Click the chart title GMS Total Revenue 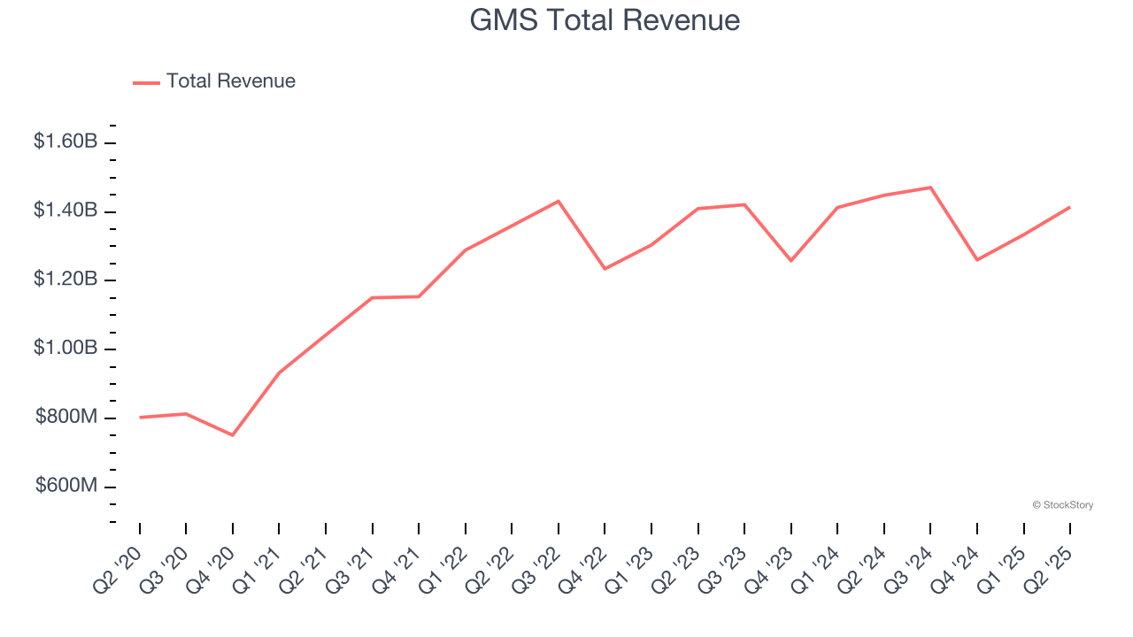tap(605, 19)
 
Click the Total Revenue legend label tap(230, 81)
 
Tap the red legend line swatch tap(146, 82)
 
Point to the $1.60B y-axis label tap(66, 142)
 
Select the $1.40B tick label tap(66, 211)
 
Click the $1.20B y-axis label tap(66, 280)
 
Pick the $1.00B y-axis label tap(66, 349)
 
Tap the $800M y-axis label tap(66, 418)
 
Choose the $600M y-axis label tap(66, 487)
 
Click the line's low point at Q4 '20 tap(233, 435)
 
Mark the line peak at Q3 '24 tap(930, 188)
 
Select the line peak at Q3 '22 tap(559, 201)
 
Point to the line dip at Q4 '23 tap(790, 261)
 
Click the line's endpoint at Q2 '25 tap(1070, 207)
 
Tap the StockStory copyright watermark tap(1062, 505)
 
